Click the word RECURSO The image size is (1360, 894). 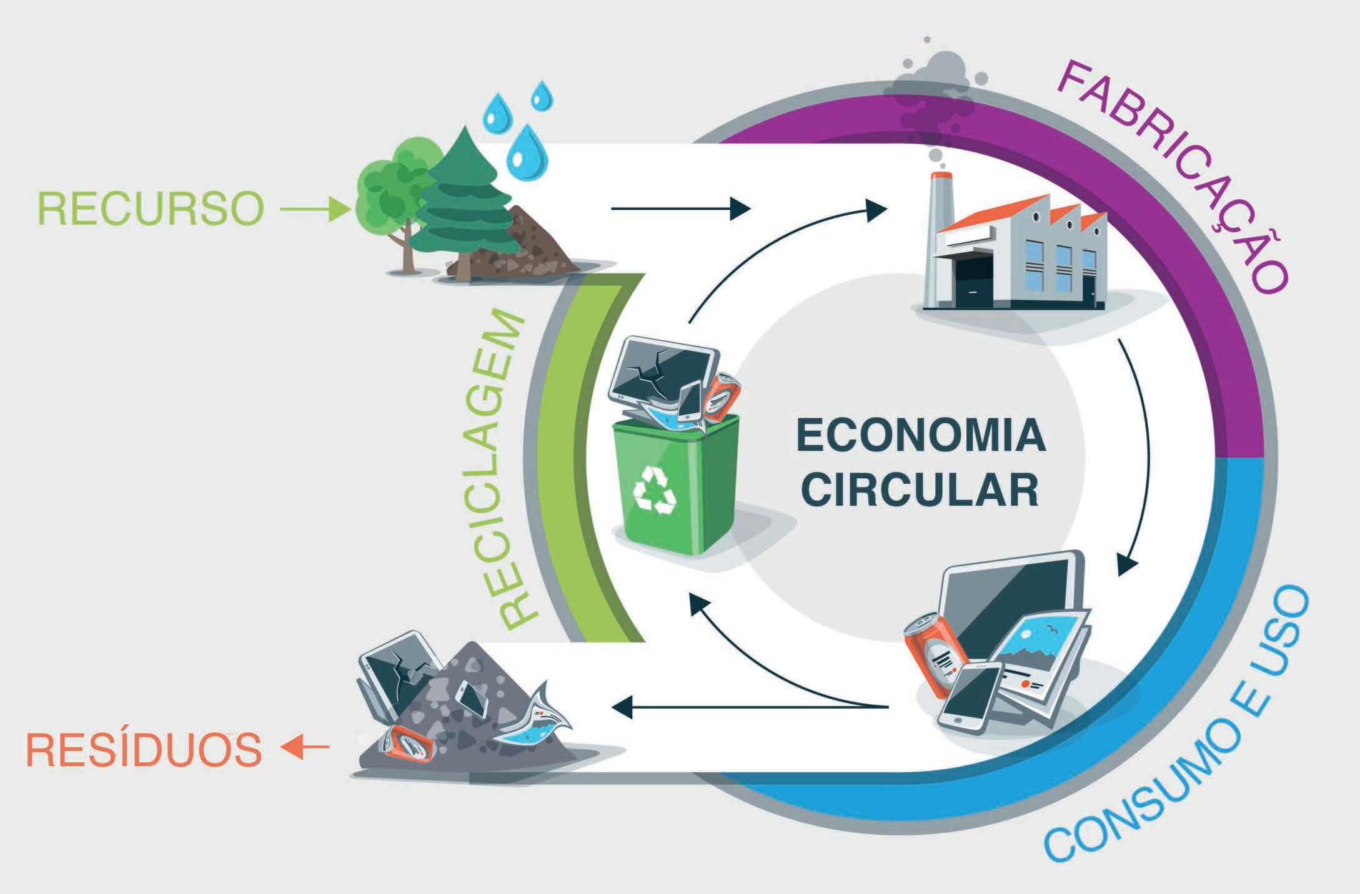point(150,209)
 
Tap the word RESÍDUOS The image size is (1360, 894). point(143,750)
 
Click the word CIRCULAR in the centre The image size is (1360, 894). point(920,490)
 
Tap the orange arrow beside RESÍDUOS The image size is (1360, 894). point(305,746)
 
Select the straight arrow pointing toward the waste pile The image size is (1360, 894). point(750,707)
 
